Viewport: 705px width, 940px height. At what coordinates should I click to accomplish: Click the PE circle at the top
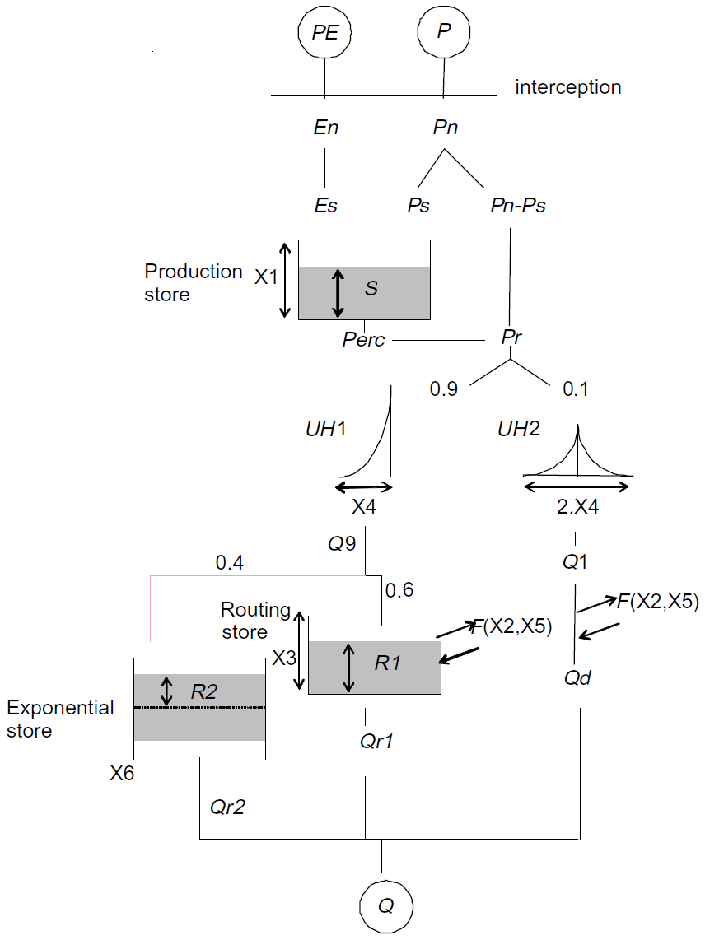point(324,34)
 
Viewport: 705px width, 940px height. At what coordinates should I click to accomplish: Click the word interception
point(568,87)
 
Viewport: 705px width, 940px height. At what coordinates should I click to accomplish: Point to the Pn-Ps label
point(513,205)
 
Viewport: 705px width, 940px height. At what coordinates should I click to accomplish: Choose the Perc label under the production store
point(364,340)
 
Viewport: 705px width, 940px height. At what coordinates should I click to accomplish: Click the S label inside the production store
point(371,289)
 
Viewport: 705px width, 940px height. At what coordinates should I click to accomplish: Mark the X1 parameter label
point(266,277)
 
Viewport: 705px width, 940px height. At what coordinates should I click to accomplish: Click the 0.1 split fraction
point(576,389)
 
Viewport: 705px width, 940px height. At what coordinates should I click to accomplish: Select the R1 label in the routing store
point(387,663)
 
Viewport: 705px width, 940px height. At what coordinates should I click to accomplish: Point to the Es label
point(326,205)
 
